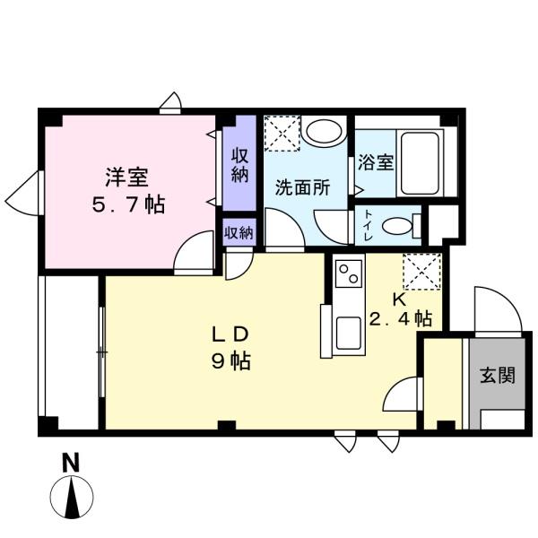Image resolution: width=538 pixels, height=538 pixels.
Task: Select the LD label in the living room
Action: click(230, 334)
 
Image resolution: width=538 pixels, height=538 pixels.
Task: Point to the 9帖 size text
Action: click(230, 362)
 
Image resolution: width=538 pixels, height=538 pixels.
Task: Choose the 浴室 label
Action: click(375, 162)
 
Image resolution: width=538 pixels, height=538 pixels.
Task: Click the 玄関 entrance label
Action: click(497, 376)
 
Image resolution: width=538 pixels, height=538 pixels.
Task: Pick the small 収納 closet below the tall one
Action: click(239, 232)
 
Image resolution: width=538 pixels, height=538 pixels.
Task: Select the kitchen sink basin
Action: click(344, 334)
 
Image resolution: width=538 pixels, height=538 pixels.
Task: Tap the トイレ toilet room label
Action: click(369, 227)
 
